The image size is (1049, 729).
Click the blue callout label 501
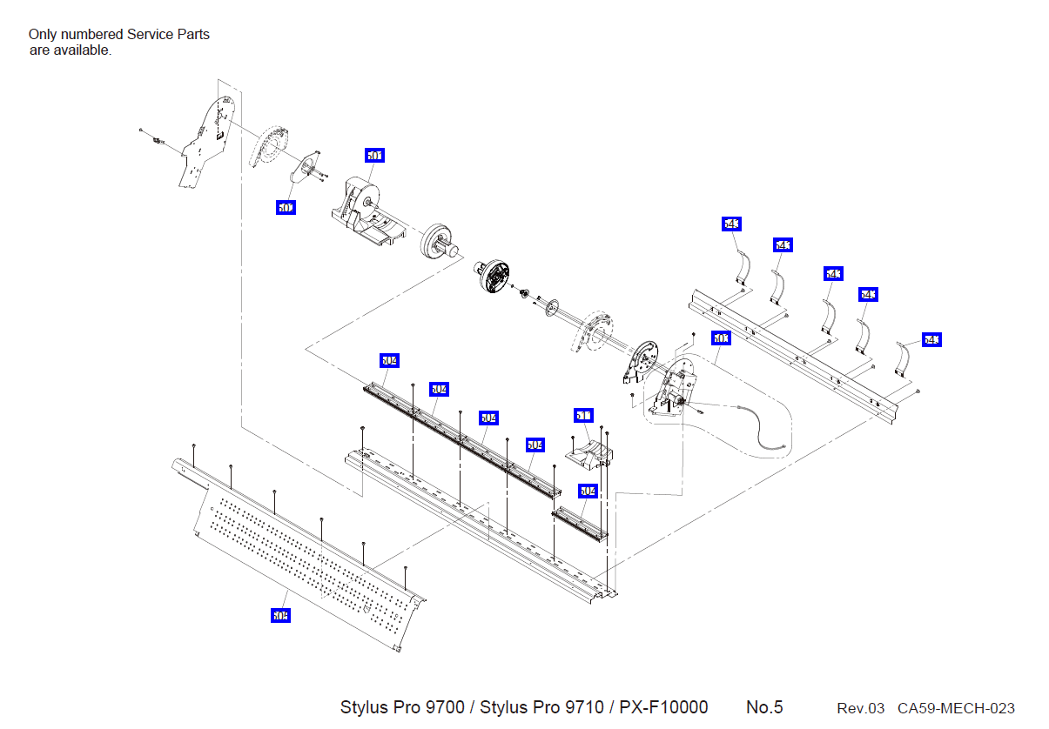click(x=374, y=156)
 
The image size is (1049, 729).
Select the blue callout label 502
click(x=286, y=208)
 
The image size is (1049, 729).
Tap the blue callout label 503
click(x=722, y=338)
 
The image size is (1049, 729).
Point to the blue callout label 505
click(x=279, y=615)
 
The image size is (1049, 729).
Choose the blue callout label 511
click(x=583, y=416)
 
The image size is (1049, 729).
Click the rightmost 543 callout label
click(x=931, y=339)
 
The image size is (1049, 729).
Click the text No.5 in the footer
click(x=764, y=707)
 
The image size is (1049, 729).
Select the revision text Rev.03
click(x=860, y=708)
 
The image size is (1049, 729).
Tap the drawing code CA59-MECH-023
click(x=956, y=708)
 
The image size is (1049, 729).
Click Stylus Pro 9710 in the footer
click(x=541, y=707)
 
